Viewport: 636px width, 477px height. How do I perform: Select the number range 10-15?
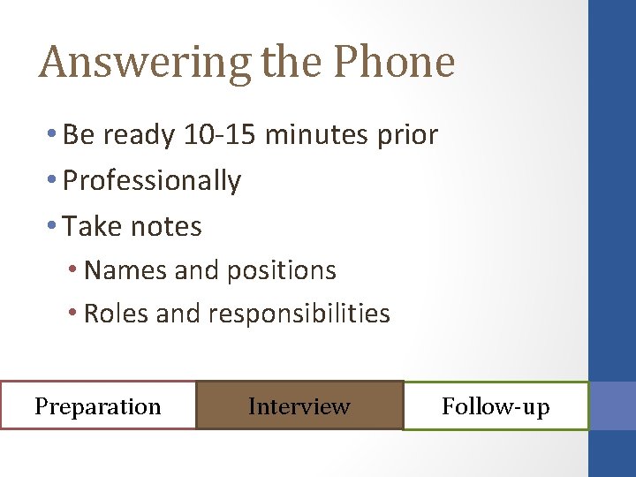pyautogui.click(x=221, y=135)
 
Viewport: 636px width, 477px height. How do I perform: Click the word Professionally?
pyautogui.click(x=152, y=181)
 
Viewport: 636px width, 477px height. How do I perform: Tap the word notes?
pyautogui.click(x=166, y=227)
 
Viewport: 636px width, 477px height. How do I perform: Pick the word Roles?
pyautogui.click(x=117, y=314)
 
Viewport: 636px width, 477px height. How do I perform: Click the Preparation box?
pyautogui.click(x=98, y=405)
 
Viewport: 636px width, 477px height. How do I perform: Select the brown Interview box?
pyautogui.click(x=299, y=405)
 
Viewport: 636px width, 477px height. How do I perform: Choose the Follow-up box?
pyautogui.click(x=496, y=405)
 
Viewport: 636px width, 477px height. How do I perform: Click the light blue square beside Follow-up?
pyautogui.click(x=612, y=405)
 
